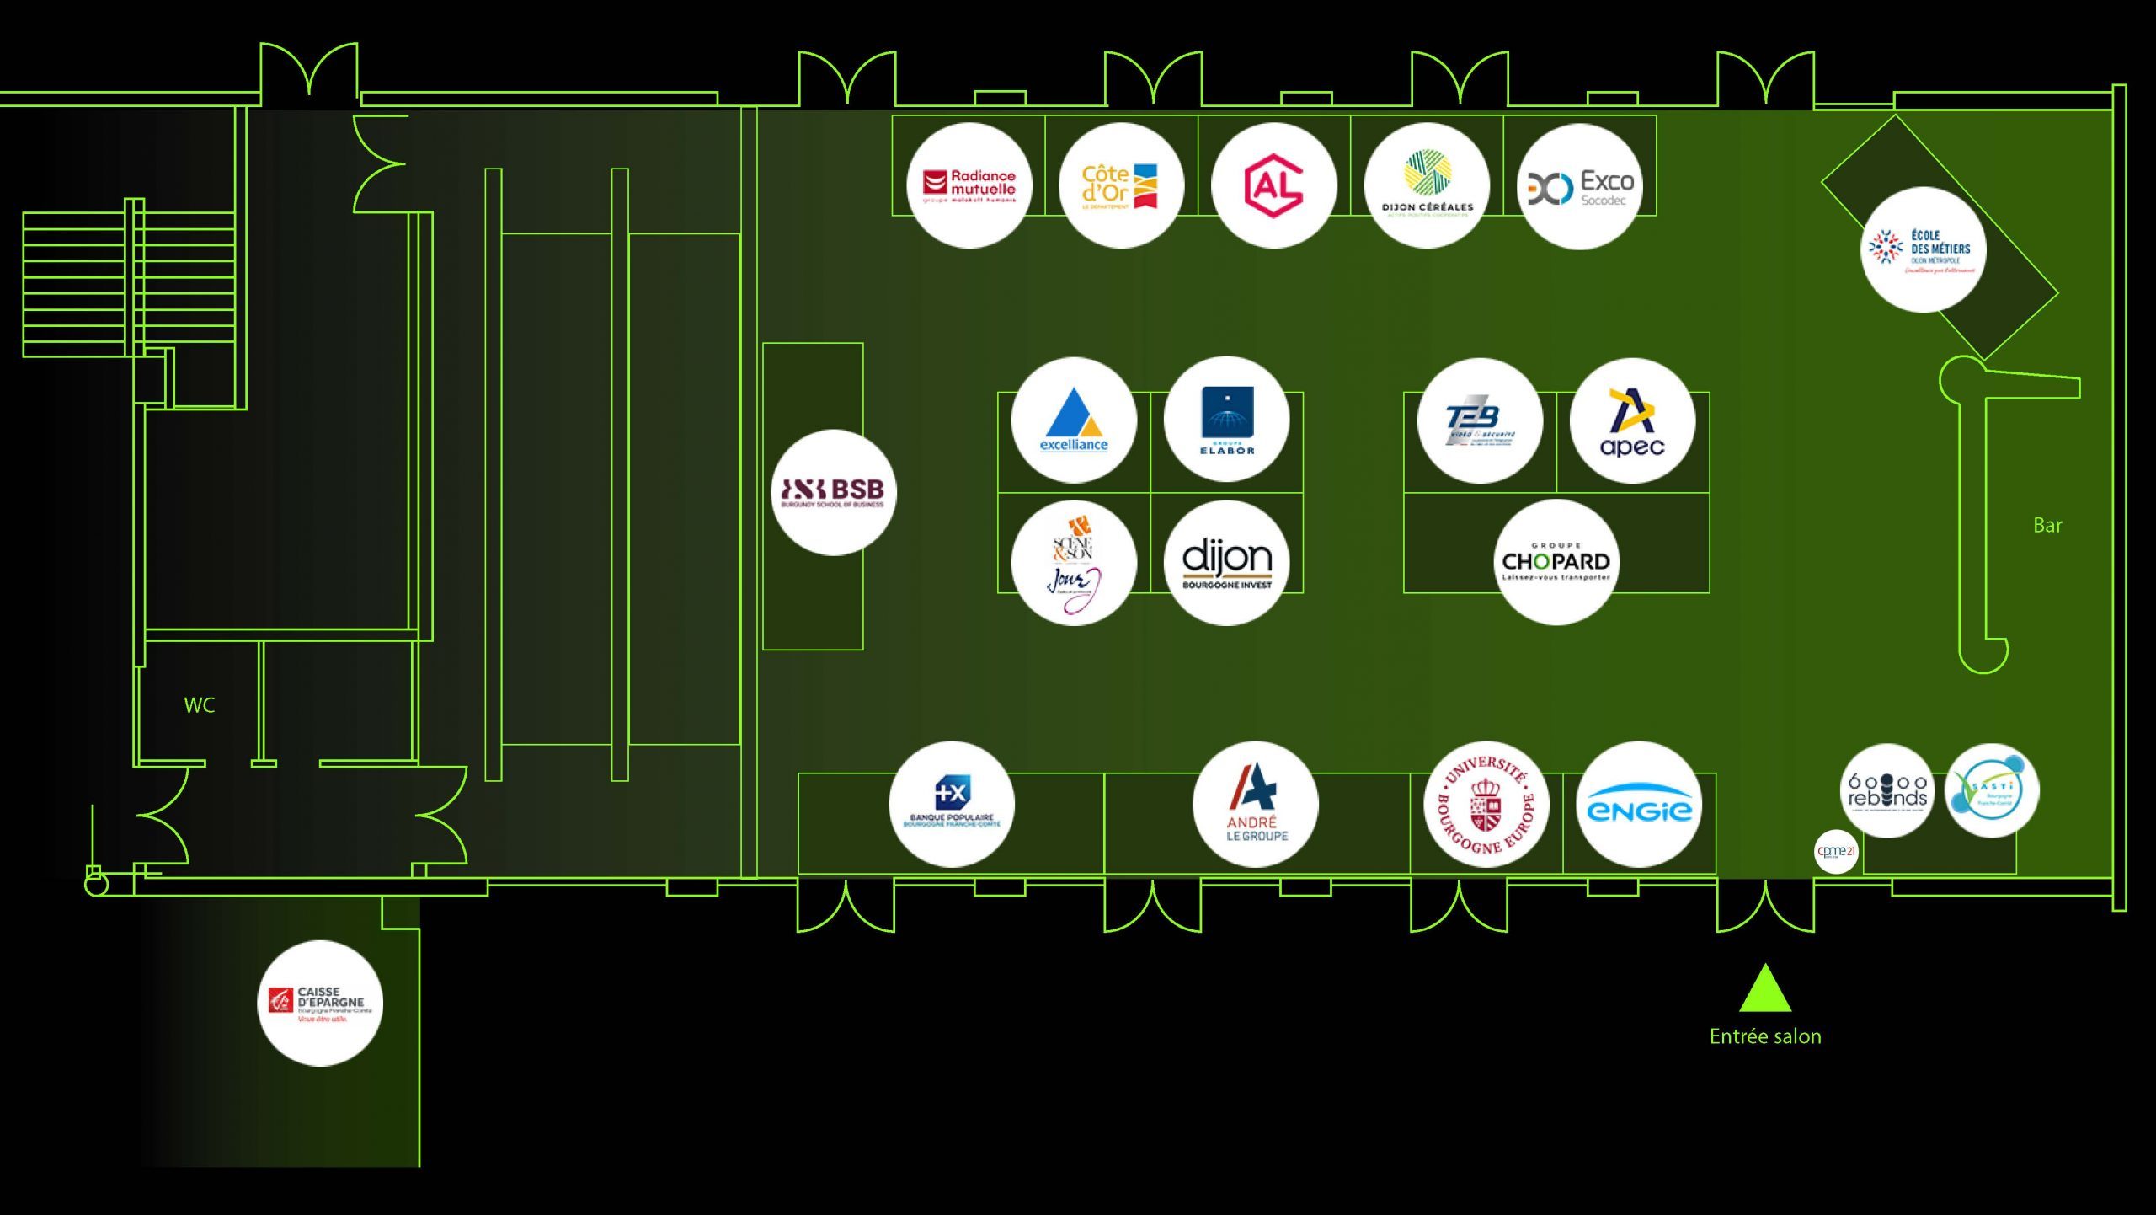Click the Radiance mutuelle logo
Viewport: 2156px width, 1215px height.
[969, 185]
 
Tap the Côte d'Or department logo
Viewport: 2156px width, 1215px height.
[1121, 185]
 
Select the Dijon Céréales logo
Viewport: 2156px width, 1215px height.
[1427, 185]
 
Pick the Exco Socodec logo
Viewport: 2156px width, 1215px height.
[1579, 186]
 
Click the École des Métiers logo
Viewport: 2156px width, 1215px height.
[1923, 249]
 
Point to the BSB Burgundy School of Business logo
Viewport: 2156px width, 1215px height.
[833, 492]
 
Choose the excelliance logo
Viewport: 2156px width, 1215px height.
[1074, 420]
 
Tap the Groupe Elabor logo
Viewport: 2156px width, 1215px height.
[1226, 420]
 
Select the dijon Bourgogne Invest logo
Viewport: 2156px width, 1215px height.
[1226, 563]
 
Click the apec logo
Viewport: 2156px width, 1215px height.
[1632, 420]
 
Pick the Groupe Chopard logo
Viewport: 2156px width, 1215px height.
[1556, 562]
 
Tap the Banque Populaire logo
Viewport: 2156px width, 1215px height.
[952, 804]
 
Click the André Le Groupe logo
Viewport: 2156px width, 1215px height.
[1256, 804]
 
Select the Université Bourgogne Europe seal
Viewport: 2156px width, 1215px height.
[1486, 804]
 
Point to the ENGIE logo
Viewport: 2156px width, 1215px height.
[1639, 804]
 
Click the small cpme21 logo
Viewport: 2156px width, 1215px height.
[1836, 851]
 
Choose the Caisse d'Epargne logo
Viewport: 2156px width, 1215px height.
[319, 1004]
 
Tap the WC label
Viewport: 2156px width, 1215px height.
[200, 705]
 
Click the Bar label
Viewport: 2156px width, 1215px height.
[2047, 526]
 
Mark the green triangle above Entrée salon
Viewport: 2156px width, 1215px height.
[1765, 991]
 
